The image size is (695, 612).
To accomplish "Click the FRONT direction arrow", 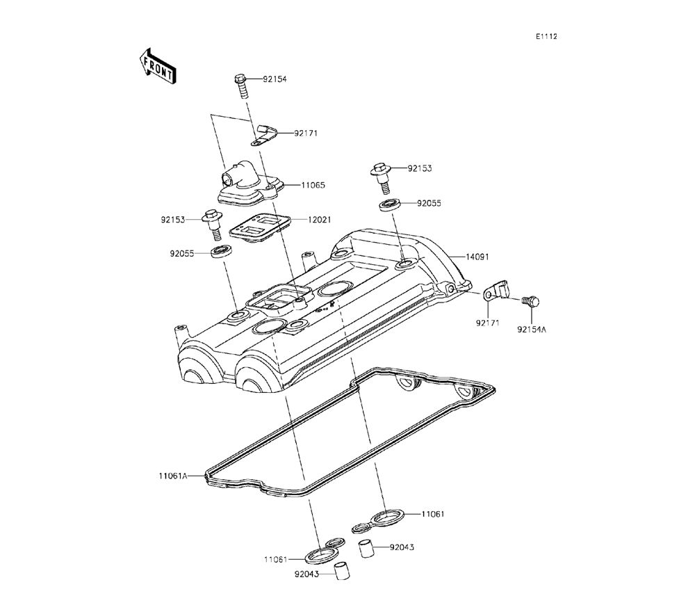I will point(158,65).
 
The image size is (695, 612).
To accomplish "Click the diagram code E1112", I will point(546,36).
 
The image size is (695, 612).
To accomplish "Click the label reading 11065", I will point(313,185).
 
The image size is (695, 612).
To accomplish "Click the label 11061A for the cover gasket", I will point(172,476).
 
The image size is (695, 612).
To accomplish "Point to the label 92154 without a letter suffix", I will point(275,79).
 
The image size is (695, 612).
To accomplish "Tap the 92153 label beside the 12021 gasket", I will point(174,220).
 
